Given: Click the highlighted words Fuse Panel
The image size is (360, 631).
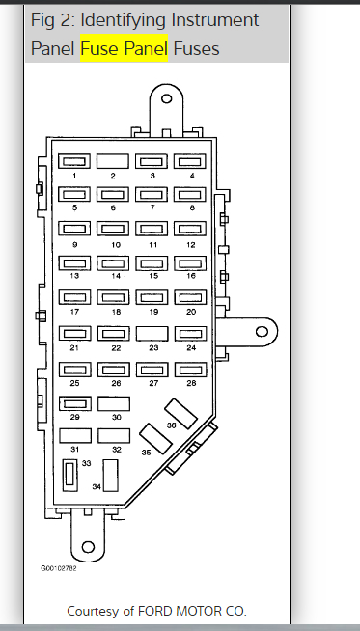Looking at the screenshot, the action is pos(125,48).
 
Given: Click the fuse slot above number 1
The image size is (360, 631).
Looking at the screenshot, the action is pos(74,161).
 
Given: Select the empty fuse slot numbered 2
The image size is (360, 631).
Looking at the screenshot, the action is pos(113,161).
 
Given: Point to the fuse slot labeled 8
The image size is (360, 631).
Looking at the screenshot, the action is pos(190,194).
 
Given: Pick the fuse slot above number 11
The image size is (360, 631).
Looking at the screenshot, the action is pos(152,229).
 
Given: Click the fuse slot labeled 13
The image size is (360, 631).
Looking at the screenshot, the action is pos(74,263).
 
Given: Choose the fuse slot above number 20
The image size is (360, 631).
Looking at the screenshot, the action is pos(190,297).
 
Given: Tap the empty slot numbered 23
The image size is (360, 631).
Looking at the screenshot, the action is pos(152,334).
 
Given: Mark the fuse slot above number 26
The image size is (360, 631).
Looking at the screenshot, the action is pos(114,370).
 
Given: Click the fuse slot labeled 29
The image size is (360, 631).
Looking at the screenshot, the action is pos(75,403).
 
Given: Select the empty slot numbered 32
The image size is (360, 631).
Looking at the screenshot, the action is pos(114,436).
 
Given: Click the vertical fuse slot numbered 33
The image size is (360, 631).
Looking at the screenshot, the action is pos(70,476).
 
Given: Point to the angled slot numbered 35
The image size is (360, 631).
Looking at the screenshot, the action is pos(155,439).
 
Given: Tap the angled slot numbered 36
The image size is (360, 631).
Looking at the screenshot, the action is pos(180,414).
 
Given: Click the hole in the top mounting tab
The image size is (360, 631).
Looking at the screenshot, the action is pos(166,98).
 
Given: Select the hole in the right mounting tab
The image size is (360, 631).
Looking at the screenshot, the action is pos(262,332).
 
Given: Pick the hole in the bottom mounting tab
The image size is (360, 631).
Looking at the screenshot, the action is pos(88,547).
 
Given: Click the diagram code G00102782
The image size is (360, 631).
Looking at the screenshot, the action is pos(58,568).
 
